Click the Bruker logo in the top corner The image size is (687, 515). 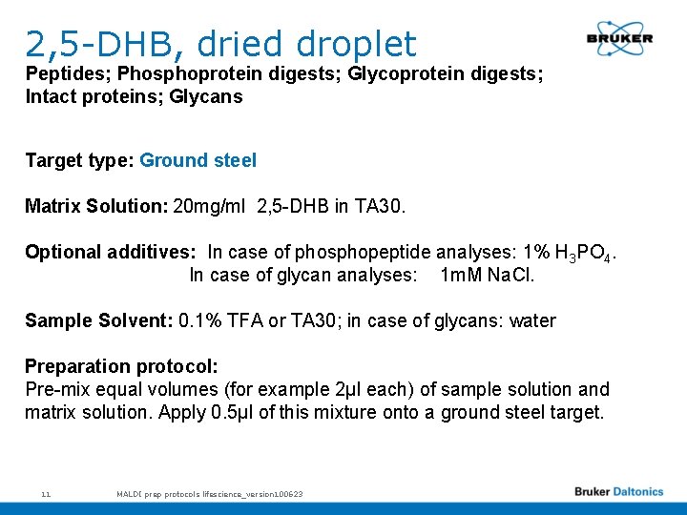(x=619, y=38)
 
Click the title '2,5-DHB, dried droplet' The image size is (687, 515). (x=220, y=43)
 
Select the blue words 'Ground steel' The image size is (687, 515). (x=198, y=160)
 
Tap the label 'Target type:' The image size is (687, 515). (x=79, y=160)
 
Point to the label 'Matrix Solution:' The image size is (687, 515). (x=96, y=206)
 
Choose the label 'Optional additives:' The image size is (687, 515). (x=111, y=252)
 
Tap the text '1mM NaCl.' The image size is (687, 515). (x=488, y=275)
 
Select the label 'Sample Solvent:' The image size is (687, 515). (x=98, y=320)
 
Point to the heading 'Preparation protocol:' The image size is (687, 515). (x=121, y=366)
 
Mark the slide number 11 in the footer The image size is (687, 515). (x=45, y=494)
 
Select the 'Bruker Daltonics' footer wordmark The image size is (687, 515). (x=618, y=492)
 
